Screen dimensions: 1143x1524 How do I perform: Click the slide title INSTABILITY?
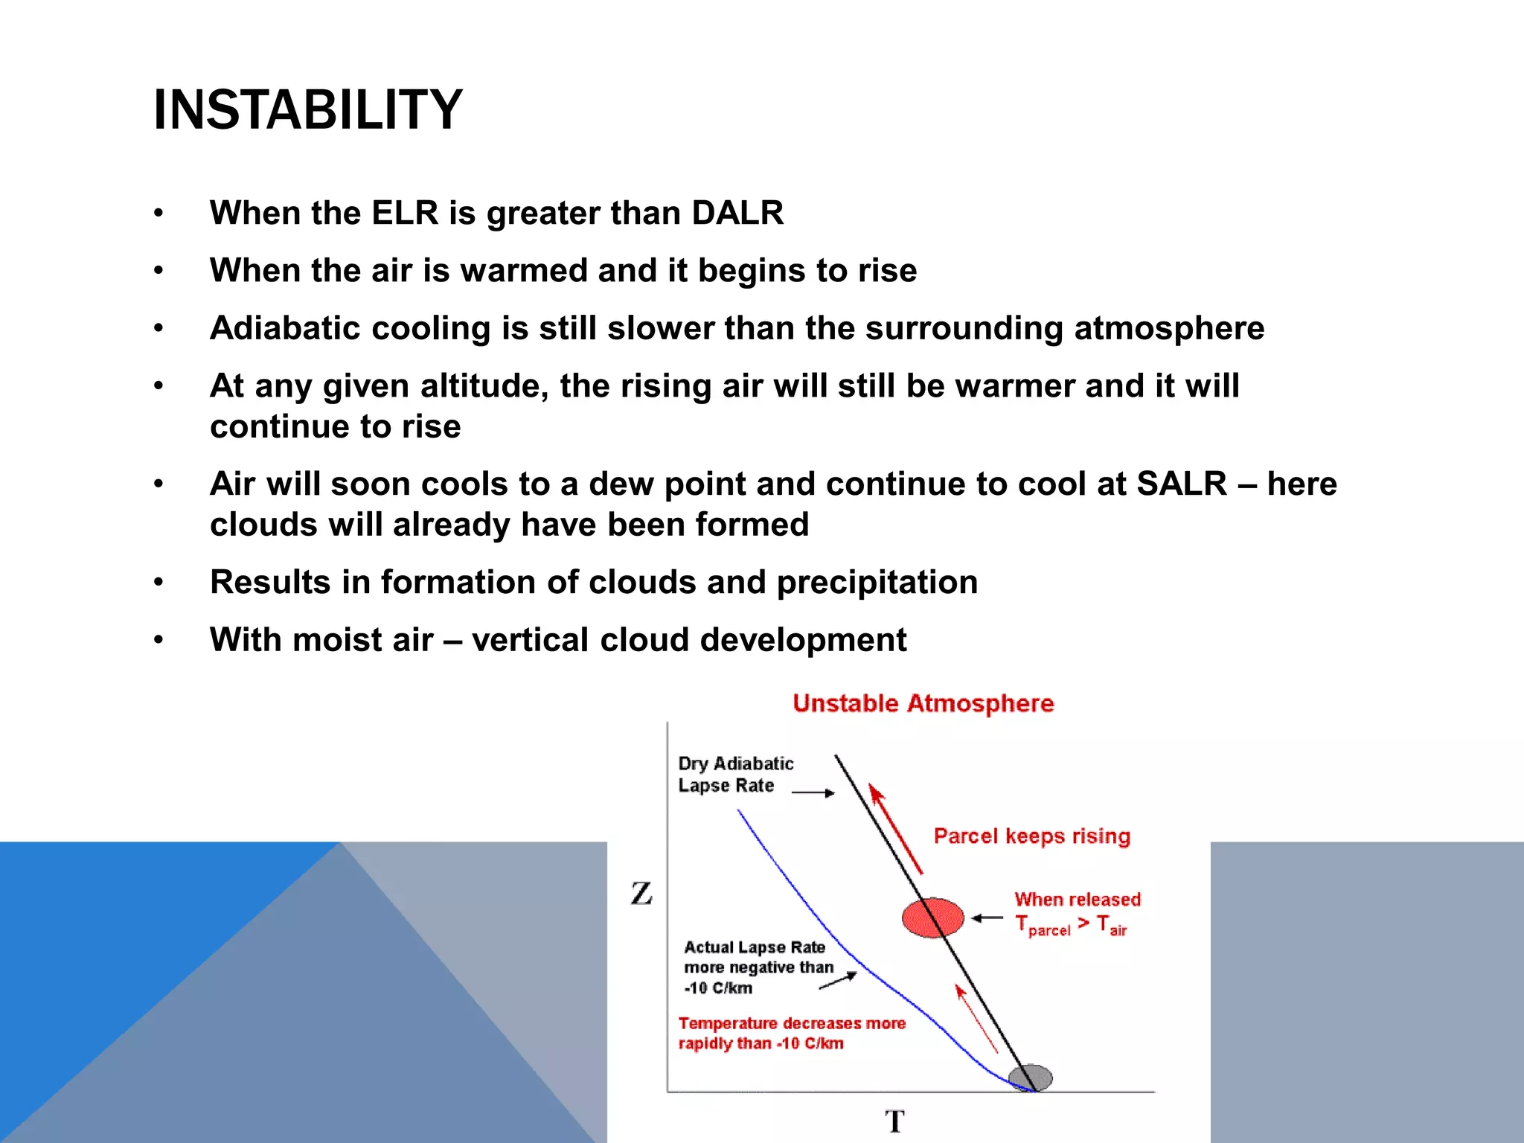[307, 110]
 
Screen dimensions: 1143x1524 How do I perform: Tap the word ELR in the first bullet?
[405, 214]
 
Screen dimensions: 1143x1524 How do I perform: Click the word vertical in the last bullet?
[530, 641]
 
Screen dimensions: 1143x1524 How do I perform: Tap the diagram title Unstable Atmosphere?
[923, 703]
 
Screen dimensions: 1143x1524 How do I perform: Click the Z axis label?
[641, 893]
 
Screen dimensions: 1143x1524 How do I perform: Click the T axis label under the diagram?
[894, 1121]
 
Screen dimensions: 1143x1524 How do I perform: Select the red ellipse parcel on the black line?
[932, 918]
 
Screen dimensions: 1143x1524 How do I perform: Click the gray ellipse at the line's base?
[1031, 1078]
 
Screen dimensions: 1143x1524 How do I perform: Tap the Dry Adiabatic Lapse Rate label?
[734, 775]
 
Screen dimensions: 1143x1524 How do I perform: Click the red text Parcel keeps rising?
[1031, 836]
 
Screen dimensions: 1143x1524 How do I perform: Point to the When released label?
[1077, 900]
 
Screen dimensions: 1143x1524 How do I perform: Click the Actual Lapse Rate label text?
[755, 947]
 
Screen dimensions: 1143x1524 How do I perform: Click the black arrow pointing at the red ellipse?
[987, 918]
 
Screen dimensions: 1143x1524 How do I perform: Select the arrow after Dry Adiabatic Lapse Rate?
[813, 793]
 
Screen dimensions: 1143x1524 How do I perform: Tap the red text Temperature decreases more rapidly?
[791, 1033]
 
